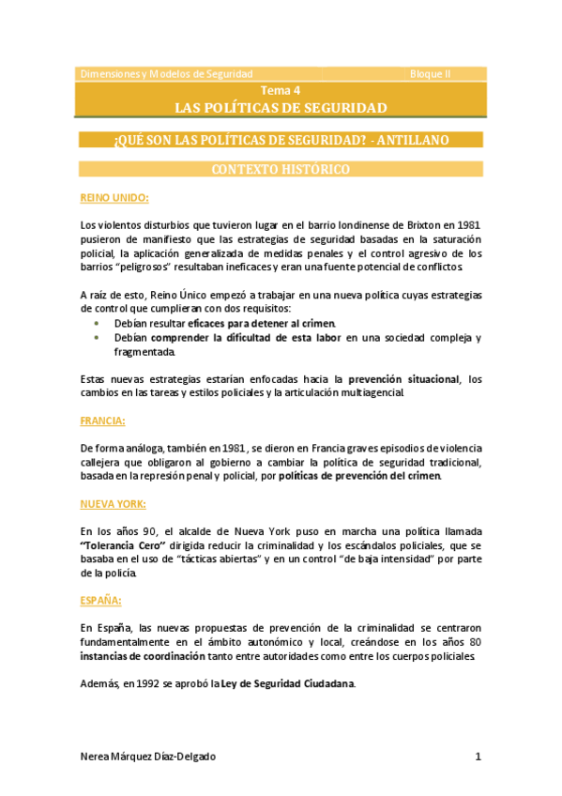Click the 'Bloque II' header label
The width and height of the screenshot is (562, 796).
pyautogui.click(x=431, y=73)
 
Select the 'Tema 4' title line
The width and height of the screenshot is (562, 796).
pyautogui.click(x=281, y=90)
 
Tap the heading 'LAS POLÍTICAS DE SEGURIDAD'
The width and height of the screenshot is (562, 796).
pyautogui.click(x=281, y=108)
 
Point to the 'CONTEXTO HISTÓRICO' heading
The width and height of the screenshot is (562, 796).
pyautogui.click(x=281, y=170)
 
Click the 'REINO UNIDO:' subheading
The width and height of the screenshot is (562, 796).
pyautogui.click(x=114, y=198)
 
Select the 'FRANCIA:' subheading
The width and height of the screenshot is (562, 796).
pyautogui.click(x=103, y=421)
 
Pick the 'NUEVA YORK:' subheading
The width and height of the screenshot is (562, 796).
pyautogui.click(x=113, y=504)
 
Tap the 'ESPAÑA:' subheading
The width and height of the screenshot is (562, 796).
pyautogui.click(x=100, y=599)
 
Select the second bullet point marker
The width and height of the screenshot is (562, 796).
pyautogui.click(x=98, y=338)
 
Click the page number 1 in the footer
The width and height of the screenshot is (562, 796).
pyautogui.click(x=478, y=757)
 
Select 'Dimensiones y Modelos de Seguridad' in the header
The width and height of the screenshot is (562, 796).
pyautogui.click(x=167, y=73)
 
